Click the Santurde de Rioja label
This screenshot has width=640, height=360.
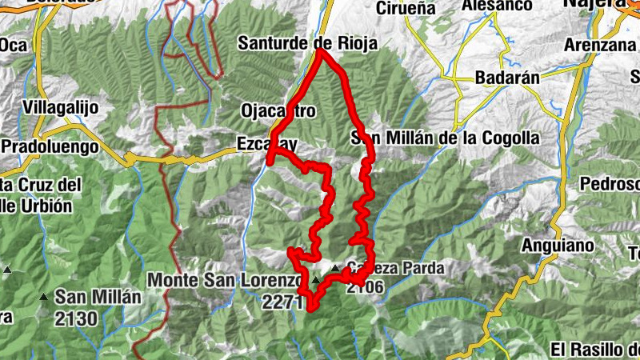pos(308,43)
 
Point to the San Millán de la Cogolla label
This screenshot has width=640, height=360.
pos(446,138)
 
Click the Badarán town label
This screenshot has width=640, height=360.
pos(507,78)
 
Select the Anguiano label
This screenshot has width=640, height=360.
pos(557,245)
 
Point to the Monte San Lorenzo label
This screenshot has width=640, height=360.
pos(224,280)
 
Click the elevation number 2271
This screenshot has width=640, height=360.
pos(281,302)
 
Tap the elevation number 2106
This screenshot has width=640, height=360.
pos(366,288)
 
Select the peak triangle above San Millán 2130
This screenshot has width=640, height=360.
pos(43,297)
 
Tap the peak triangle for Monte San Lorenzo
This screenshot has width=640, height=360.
pos(316,280)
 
